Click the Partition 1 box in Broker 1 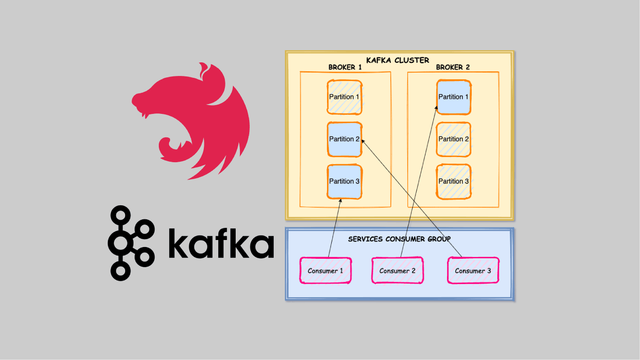(344, 97)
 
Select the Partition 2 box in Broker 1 (344, 139)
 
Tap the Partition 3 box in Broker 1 (344, 181)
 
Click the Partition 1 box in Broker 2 (454, 97)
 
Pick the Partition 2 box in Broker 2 (454, 139)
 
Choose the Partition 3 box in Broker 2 (454, 181)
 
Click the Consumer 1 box (325, 270)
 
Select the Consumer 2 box (397, 270)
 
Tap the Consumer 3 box (473, 270)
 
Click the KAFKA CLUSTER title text (397, 60)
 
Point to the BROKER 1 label (345, 67)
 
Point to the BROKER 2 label (453, 67)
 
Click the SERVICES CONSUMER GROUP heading (399, 239)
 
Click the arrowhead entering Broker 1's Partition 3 (341, 201)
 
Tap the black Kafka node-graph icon (130, 243)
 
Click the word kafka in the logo (220, 244)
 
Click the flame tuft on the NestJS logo (204, 71)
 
